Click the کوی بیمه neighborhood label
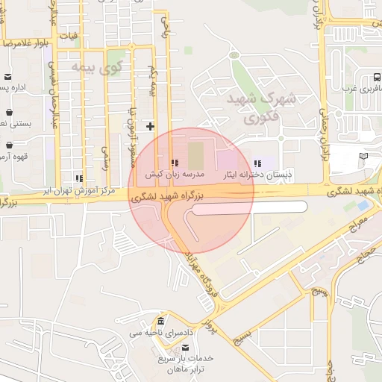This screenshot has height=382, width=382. pos(96,68)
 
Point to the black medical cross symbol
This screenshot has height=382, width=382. pos(150,126)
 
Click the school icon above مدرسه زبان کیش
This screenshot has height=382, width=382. pos(174,163)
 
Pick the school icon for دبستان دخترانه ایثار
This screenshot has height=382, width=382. pos(257,163)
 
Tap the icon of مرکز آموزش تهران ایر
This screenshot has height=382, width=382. pos(78,178)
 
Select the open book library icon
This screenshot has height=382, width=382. pos(364,155)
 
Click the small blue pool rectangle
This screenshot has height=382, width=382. pos(363,204)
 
